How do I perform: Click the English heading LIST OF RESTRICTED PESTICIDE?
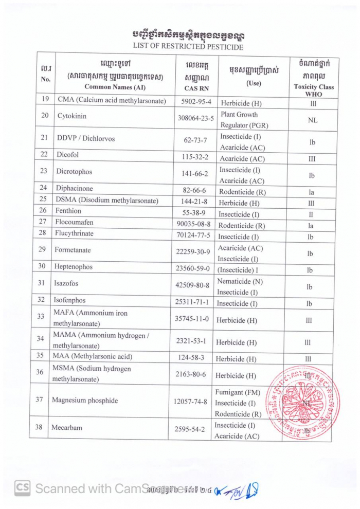[188, 47]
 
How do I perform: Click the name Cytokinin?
[72, 116]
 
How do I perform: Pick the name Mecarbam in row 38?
[66, 427]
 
